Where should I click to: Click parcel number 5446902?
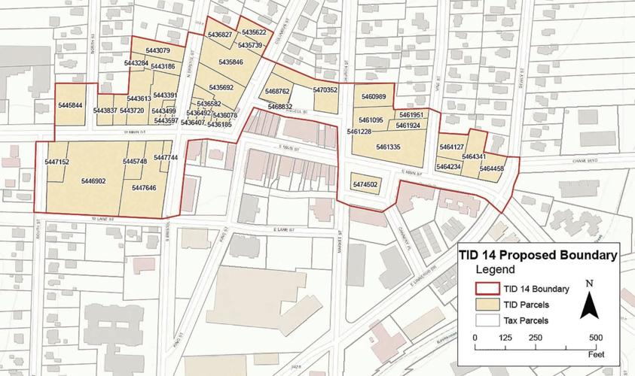coord(93,181)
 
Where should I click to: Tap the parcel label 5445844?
coord(70,106)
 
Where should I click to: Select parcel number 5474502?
coord(365,184)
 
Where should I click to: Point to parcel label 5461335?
coord(388,147)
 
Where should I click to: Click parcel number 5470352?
coord(325,90)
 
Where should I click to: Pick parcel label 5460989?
coord(374,97)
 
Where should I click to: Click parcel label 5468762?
coord(277,91)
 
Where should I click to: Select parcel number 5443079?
coord(157,51)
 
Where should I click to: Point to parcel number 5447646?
coord(143,188)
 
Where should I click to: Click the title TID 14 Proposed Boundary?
coord(538,256)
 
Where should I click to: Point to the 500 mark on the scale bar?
coord(595,337)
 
